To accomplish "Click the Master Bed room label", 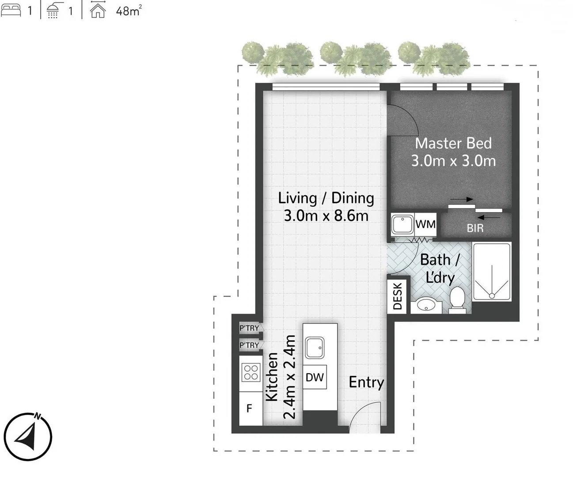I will [453, 144].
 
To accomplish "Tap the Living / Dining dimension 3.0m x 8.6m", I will [326, 216].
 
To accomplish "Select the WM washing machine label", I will [425, 224].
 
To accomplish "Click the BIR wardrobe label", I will [475, 228].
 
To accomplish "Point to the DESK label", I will [397, 296].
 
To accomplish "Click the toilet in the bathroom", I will [457, 299].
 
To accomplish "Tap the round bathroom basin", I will [426, 304].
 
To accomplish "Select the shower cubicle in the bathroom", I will [492, 271].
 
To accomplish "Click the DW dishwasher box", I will [315, 377].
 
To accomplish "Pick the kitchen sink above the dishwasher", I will [315, 348].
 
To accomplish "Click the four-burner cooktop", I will [250, 372].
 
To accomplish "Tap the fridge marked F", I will [250, 409].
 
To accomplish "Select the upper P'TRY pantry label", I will [249, 328].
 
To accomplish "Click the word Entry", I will [366, 382].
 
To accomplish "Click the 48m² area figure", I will [129, 11].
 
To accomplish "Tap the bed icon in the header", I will [11, 10].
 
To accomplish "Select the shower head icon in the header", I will [53, 10].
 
